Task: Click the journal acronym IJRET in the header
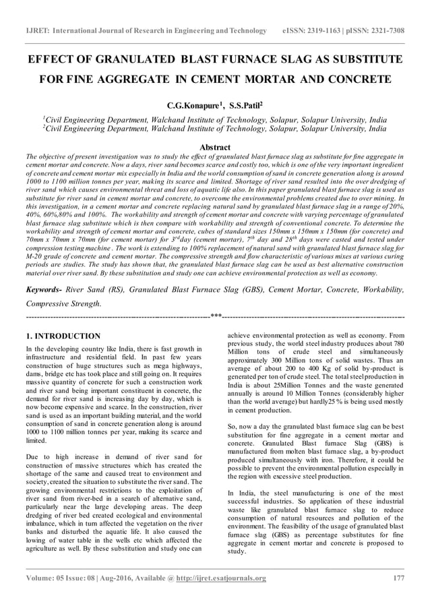pos(38,31)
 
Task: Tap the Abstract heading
pos(215,147)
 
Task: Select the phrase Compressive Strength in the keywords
pos(62,303)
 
